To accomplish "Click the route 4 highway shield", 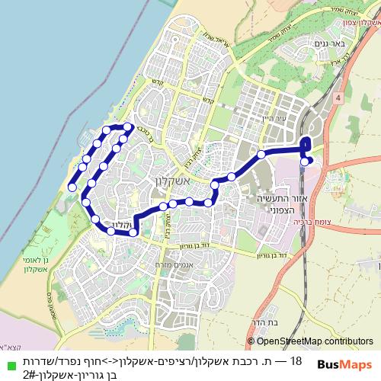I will click(336, 98).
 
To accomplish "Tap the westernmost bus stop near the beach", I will click(72, 187).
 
